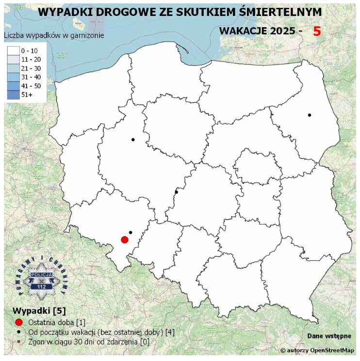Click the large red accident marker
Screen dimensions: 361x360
click(x=124, y=239)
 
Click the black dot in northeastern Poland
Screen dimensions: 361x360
click(x=309, y=115)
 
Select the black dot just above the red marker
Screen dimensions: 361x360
click(x=131, y=233)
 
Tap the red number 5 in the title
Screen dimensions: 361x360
click(x=317, y=31)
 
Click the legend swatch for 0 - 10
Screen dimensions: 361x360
click(x=13, y=50)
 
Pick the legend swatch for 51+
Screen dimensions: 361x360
click(x=13, y=95)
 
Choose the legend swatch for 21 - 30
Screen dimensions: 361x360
click(x=13, y=68)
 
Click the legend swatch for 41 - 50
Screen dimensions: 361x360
click(x=13, y=86)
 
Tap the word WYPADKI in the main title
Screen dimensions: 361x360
click(x=62, y=12)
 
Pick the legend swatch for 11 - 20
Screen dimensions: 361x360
click(x=13, y=59)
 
